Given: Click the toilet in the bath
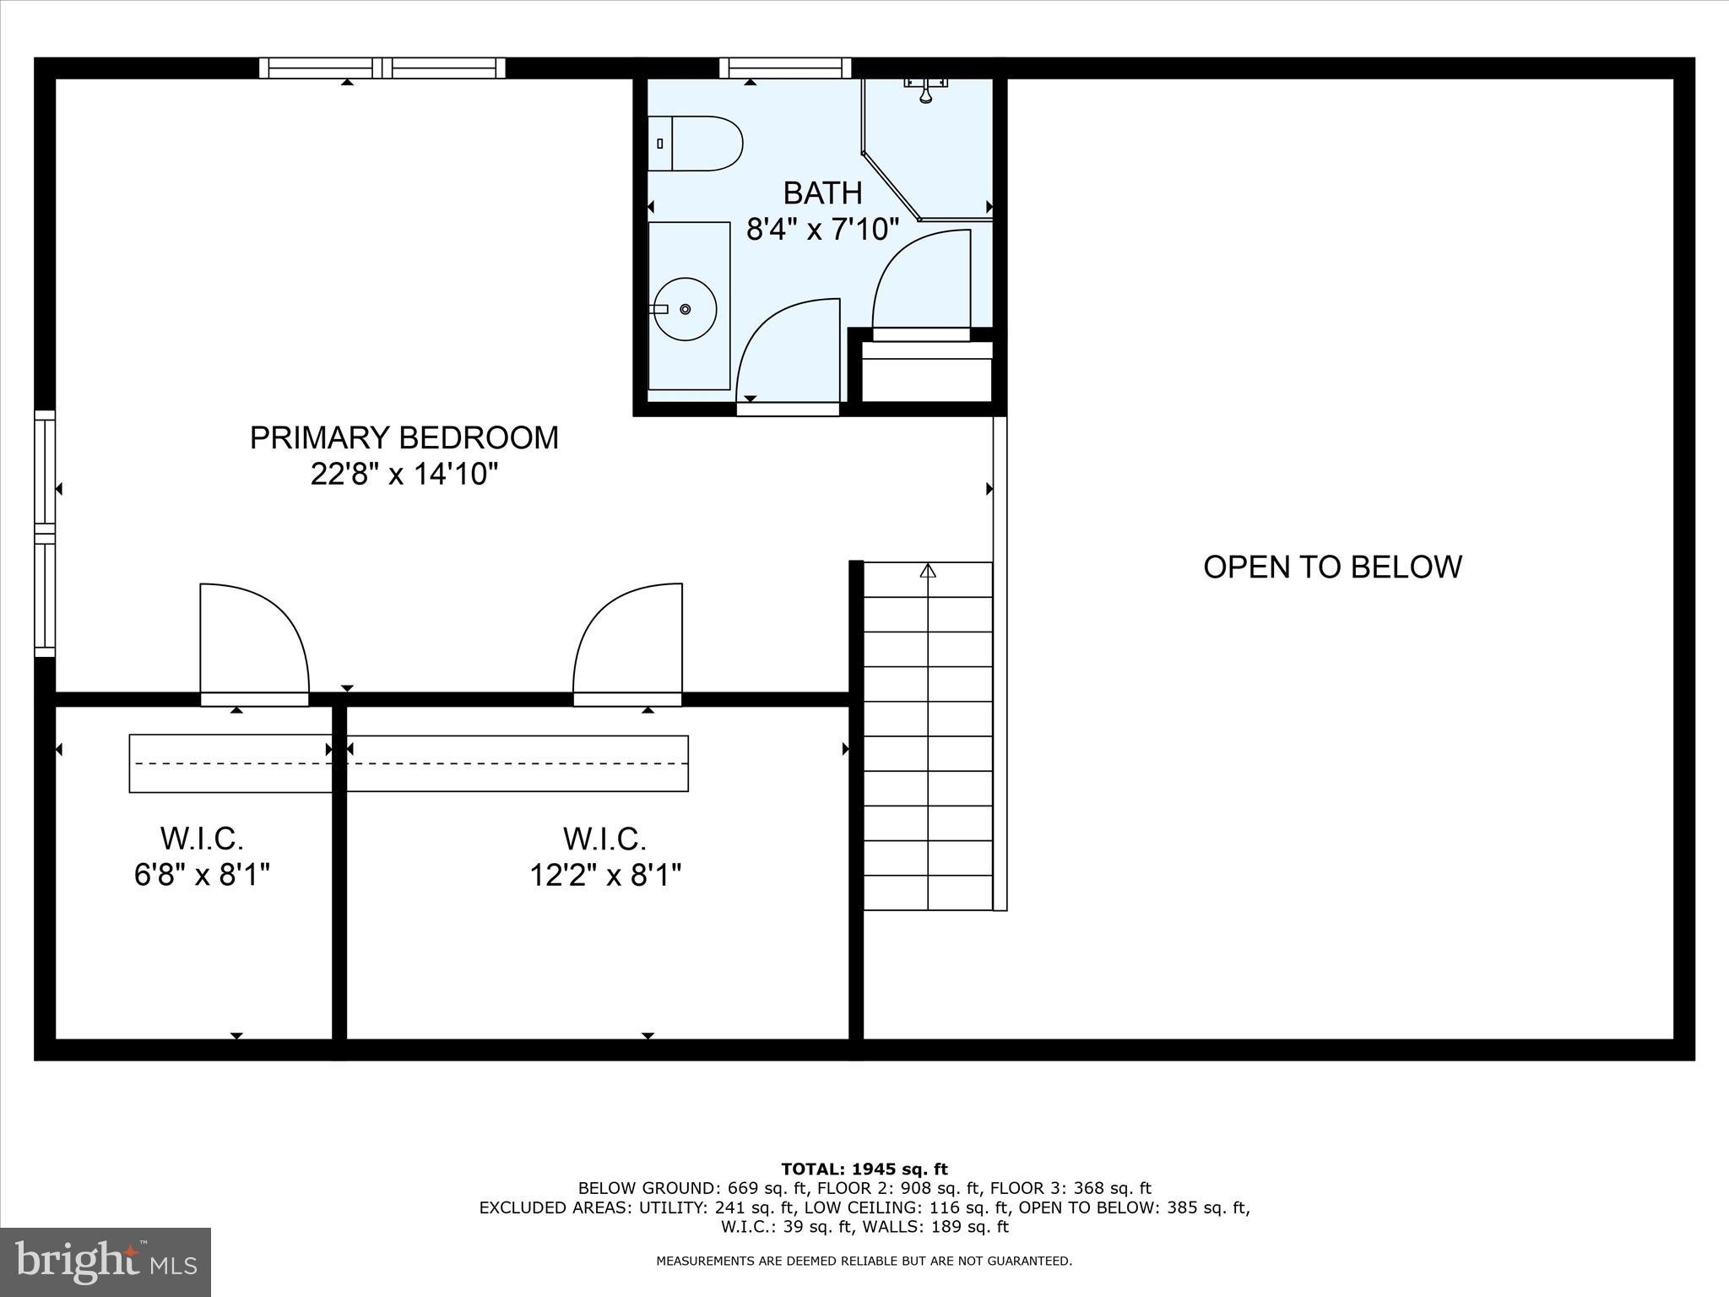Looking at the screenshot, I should tap(696, 144).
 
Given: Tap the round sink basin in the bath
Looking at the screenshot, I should tap(685, 309).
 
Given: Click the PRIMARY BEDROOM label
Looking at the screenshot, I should tap(404, 437).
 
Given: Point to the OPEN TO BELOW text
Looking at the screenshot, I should tap(1331, 567).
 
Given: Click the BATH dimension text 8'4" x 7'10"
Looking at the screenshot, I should tap(822, 229).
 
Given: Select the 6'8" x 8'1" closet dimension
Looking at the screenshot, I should tap(202, 875).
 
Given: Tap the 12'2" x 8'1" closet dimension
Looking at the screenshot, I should tap(604, 875).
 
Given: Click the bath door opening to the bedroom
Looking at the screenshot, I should tap(789, 355).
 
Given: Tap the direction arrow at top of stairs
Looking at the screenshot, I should tap(928, 572).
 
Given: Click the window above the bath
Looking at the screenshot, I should tap(785, 68).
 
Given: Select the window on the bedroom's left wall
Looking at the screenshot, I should tap(45, 533).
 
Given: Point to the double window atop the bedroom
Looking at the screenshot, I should tap(382, 68).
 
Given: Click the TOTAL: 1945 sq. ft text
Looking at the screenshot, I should tap(864, 1169).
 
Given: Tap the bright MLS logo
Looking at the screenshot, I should tap(106, 1262).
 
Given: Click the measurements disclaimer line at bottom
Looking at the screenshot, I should tap(864, 1262).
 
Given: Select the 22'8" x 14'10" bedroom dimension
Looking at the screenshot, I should tap(404, 475).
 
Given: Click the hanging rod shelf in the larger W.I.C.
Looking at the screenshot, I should tap(518, 763).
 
